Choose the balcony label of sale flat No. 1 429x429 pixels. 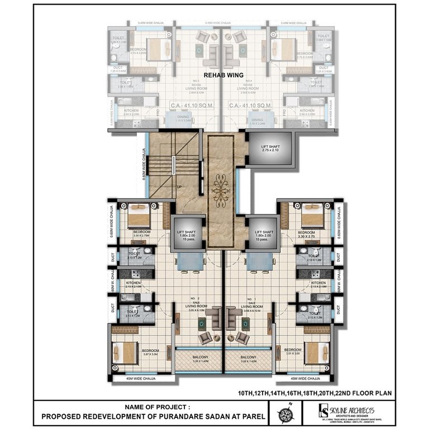[248, 357]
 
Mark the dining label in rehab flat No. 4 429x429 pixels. [257, 120]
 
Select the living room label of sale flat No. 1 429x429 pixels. [248, 308]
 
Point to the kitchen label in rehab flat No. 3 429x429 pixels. [131, 111]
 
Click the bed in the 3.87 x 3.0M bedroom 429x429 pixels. [125, 352]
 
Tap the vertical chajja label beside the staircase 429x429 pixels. [144, 167]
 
